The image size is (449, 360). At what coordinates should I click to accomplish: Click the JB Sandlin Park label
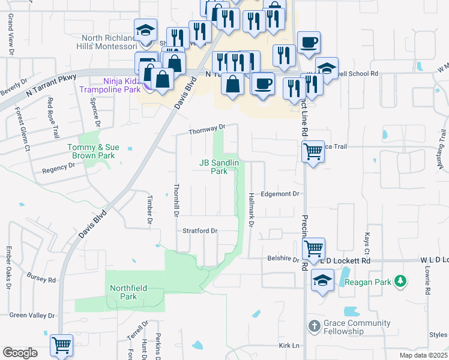pos(219,166)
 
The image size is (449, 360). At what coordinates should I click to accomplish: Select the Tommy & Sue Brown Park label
pos(93,151)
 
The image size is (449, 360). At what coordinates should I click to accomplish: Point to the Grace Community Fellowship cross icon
pos(313,326)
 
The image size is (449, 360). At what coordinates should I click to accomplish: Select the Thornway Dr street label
pos(206,128)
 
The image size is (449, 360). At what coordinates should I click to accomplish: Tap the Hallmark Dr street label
pos(251,209)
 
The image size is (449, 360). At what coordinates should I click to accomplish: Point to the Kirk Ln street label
pos(289,346)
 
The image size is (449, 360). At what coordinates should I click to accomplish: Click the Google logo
pos(20,352)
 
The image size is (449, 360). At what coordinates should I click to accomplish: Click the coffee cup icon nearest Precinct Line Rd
pos(309,42)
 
